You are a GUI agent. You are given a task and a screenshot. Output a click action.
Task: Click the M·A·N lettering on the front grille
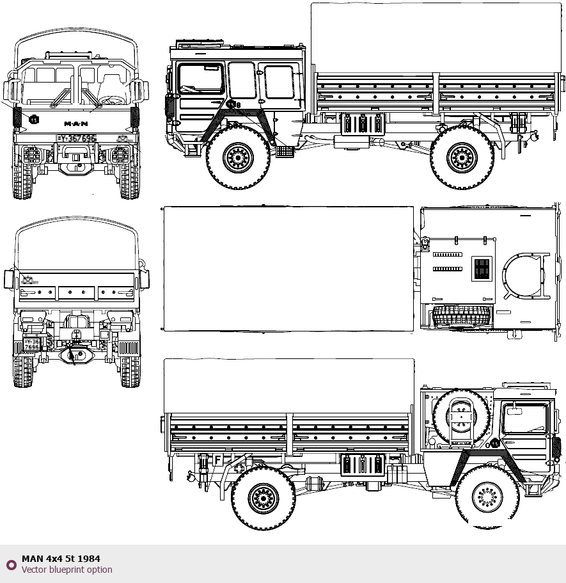point(76,123)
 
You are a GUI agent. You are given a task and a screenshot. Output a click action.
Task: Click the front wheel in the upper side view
point(238,157)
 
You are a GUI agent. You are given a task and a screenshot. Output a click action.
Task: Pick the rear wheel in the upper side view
point(462,157)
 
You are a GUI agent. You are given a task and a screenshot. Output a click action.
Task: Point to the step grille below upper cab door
point(285,152)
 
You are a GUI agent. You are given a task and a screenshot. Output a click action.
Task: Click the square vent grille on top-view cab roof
point(482,269)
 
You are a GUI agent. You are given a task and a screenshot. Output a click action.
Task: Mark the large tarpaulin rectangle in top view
point(288,269)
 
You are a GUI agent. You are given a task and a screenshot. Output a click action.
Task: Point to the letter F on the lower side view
point(217,460)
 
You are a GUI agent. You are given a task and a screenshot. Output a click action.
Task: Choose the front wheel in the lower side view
point(487,497)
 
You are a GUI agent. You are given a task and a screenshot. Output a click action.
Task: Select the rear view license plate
point(31,344)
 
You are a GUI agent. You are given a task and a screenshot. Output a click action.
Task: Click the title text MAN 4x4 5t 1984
point(61,559)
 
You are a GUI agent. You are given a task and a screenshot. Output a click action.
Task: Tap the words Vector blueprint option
point(67,570)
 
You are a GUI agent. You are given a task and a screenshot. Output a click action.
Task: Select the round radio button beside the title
point(11,564)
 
